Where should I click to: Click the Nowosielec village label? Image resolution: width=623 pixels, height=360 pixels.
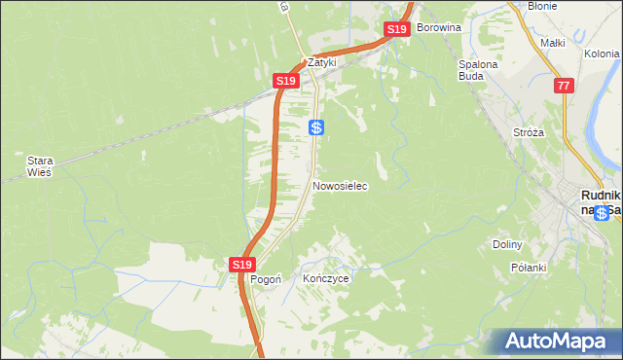340,186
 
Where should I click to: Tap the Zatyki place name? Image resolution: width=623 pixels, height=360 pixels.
321,60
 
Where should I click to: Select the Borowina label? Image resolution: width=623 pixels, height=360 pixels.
438,27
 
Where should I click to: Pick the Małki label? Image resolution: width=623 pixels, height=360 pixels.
553,43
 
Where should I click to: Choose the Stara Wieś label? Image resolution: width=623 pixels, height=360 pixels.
40,165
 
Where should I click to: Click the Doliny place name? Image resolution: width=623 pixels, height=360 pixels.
508,244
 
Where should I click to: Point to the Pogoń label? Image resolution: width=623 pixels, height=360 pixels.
266,278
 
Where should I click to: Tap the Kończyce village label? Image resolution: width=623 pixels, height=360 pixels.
325,278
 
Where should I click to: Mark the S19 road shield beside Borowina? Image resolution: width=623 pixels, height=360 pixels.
396,30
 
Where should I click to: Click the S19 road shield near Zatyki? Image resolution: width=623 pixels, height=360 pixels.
284,81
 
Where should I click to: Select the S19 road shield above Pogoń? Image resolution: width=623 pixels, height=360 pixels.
242,264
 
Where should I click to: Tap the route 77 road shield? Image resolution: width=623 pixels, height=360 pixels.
563,87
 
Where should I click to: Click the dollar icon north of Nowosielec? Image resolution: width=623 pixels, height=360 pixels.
316,127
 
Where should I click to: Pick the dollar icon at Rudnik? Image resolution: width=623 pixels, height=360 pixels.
604,213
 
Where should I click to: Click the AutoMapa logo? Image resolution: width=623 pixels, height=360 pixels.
558,342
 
